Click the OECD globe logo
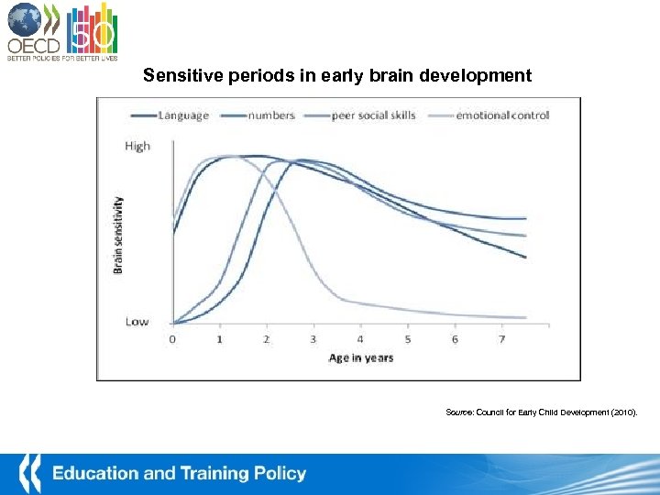pyautogui.click(x=26, y=19)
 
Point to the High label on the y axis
pyautogui.click(x=137, y=146)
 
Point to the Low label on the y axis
pyautogui.click(x=137, y=322)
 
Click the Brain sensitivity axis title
pyautogui.click(x=117, y=235)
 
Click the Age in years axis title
pyautogui.click(x=361, y=357)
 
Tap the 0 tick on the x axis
pyautogui.click(x=172, y=339)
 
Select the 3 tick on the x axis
pyautogui.click(x=313, y=339)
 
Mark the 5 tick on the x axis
pyautogui.click(x=408, y=339)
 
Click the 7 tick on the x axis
pyautogui.click(x=501, y=339)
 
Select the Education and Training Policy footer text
pyautogui.click(x=179, y=474)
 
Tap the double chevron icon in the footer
pyautogui.click(x=29, y=472)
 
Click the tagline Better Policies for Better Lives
pyautogui.click(x=61, y=56)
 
